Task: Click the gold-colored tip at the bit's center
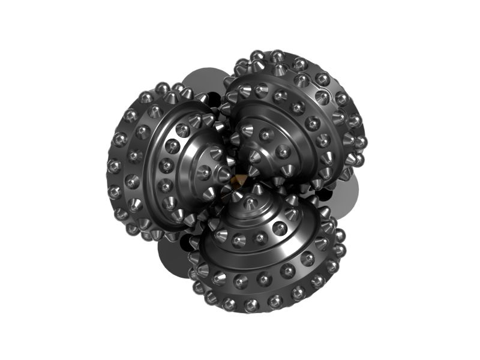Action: [238, 180]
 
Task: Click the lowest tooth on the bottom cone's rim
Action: [252, 305]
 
